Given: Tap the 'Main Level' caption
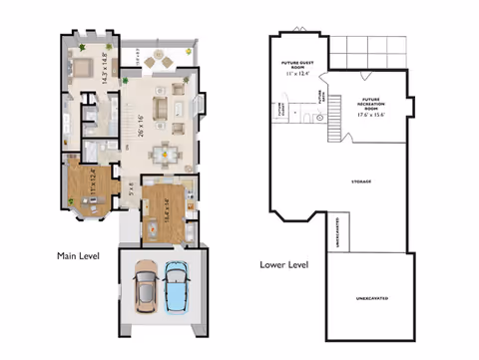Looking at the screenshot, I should click(x=78, y=256).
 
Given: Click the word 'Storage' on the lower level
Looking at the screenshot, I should click(x=361, y=181).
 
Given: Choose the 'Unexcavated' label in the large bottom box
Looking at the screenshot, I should click(x=371, y=298).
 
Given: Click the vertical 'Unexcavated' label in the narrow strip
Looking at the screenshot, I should click(x=336, y=231).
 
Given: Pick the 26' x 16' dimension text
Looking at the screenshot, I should click(x=143, y=124).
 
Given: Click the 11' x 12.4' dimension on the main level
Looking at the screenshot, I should click(x=93, y=180).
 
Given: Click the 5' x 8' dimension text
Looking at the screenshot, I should click(x=130, y=185).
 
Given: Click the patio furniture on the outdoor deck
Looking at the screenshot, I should click(x=158, y=62).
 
